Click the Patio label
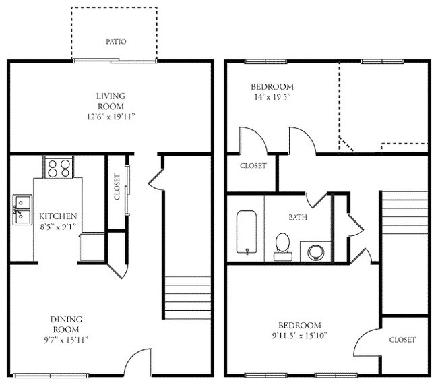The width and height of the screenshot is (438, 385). pos(115,42)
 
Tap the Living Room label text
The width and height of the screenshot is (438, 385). pos(110,101)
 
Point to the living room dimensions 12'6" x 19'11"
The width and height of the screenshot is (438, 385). pos(110,117)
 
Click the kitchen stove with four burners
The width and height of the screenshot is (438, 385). pos(59,167)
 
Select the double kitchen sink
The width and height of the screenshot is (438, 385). pos(21,208)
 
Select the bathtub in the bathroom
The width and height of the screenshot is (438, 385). pos(245,233)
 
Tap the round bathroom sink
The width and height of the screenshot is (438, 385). pos(314,251)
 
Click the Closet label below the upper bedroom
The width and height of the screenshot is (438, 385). pos(253,165)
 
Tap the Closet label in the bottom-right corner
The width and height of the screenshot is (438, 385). pos(402,340)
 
